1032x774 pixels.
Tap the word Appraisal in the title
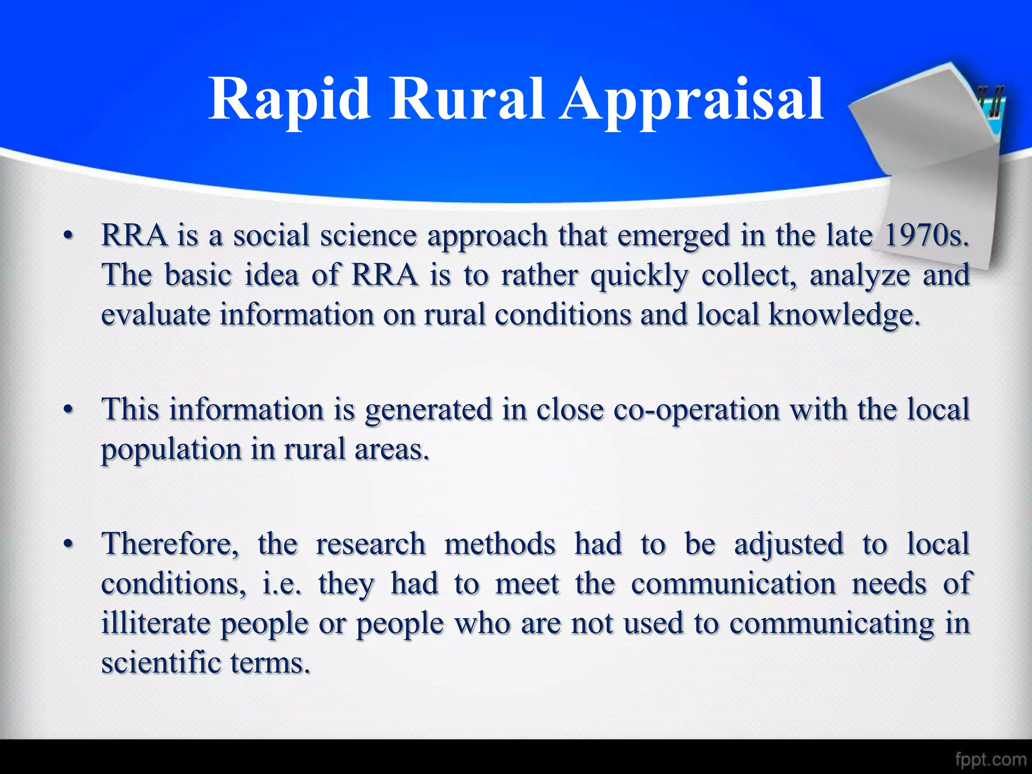tap(691, 100)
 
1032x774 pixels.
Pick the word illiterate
tap(155, 624)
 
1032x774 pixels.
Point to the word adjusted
tap(789, 545)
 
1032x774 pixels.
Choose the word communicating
tap(831, 624)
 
